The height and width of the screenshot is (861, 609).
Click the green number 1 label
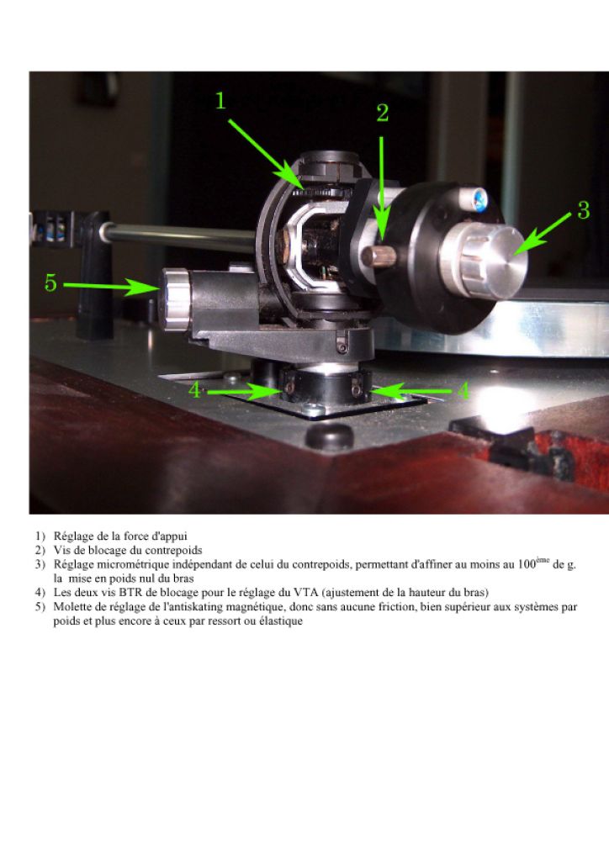[220, 101]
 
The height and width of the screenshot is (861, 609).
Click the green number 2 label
[383, 114]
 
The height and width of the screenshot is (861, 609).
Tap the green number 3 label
[583, 209]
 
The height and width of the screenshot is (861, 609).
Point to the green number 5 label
[50, 283]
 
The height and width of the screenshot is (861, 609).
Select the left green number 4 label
[195, 390]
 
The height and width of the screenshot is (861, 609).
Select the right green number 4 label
[463, 391]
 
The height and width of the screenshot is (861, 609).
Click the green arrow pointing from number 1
[265, 151]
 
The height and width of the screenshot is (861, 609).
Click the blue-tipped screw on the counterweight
[474, 198]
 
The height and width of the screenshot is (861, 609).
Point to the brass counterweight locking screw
[379, 256]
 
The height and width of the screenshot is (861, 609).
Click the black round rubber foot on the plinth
[329, 436]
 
